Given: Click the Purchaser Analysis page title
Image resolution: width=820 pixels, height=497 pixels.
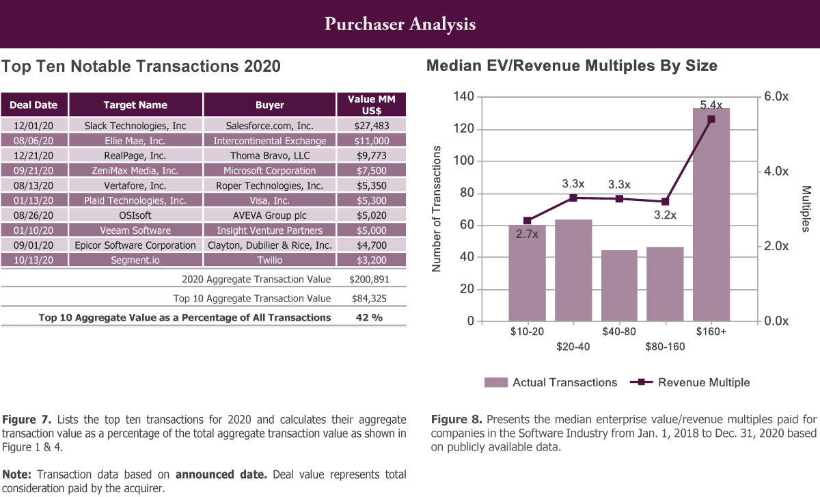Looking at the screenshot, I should pyautogui.click(x=400, y=25).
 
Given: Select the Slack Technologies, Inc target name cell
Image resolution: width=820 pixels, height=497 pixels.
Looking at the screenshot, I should pyautogui.click(x=135, y=126).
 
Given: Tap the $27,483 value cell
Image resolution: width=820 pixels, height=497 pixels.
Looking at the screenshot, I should pyautogui.click(x=372, y=126).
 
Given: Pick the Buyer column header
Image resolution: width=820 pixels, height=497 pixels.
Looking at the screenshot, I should pyautogui.click(x=269, y=105).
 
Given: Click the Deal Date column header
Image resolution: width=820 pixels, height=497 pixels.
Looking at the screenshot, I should pyautogui.click(x=33, y=105).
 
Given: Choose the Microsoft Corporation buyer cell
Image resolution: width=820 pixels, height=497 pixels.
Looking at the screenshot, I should pyautogui.click(x=269, y=171).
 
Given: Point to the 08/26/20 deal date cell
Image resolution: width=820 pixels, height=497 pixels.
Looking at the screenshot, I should pyautogui.click(x=33, y=215).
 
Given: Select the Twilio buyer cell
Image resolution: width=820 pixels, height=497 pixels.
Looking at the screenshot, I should pyautogui.click(x=269, y=260).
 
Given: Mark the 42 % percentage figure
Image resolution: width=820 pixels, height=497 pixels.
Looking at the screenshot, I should pyautogui.click(x=370, y=317).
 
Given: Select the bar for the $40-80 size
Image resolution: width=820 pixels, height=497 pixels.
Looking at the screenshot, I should pyautogui.click(x=619, y=286).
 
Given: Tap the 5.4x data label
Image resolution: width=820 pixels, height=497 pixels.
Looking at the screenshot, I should pyautogui.click(x=711, y=105).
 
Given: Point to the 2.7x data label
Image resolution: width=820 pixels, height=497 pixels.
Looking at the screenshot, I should pyautogui.click(x=527, y=234).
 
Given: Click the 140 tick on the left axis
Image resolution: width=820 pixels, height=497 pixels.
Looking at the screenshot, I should pyautogui.click(x=464, y=97).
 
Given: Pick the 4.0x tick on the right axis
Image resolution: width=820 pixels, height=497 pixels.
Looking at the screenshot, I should pyautogui.click(x=776, y=172).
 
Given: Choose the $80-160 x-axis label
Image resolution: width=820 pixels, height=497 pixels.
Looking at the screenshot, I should pyautogui.click(x=665, y=347).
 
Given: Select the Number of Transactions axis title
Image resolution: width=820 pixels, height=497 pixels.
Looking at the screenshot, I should pyautogui.click(x=437, y=209).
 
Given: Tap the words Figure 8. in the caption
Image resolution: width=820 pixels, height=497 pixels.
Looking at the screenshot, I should pyautogui.click(x=454, y=419).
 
